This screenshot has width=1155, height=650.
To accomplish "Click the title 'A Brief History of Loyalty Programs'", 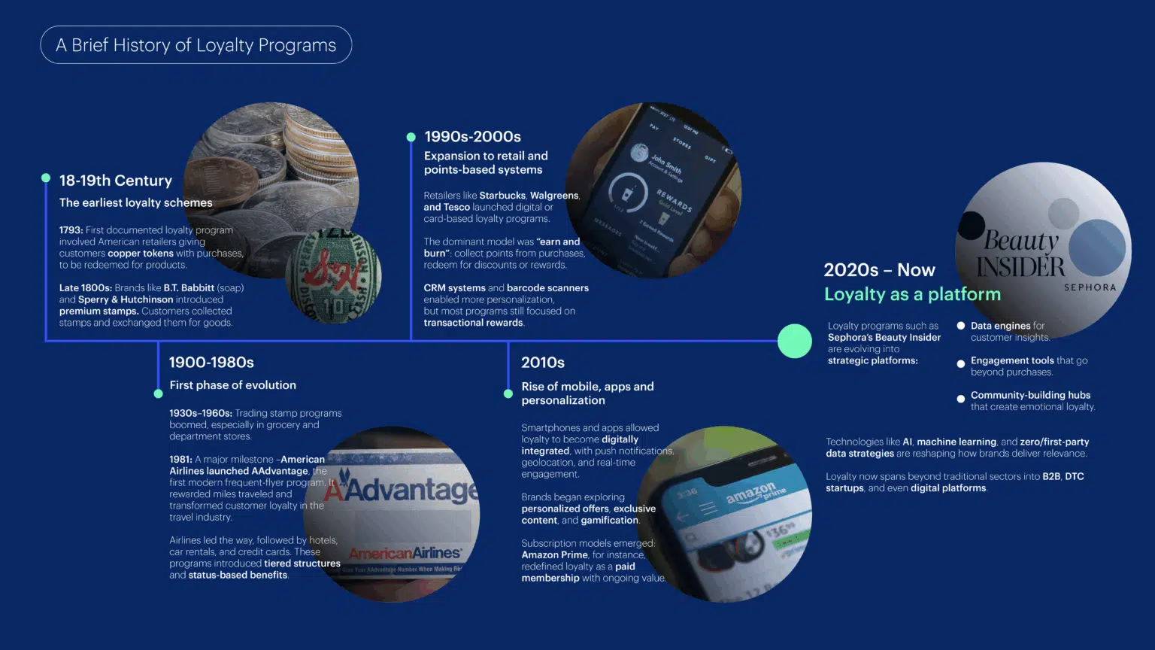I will pos(196,45).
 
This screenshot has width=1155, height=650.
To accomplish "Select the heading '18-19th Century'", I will pos(116,181).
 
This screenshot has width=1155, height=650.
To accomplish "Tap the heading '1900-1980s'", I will pos(211,363).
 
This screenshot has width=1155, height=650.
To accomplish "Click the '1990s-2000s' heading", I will pos(472,137).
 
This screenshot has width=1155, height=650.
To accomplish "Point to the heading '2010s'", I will pos(543,363).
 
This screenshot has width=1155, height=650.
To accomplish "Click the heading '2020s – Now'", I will pos(879,270).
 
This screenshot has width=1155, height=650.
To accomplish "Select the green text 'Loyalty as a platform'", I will pos(912,294).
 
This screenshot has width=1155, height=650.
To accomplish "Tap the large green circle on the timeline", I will pos(794,341).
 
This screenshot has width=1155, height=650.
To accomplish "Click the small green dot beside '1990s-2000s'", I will pos(411,137).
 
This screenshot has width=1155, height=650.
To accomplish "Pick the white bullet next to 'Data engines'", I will pos(960,326).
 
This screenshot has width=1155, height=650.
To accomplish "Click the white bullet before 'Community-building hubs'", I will pos(960,399).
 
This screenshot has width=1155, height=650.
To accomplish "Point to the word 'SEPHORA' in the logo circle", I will pos(1090,287).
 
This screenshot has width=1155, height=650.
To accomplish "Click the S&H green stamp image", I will pos(333,276).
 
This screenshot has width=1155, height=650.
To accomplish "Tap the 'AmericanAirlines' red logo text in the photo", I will pos(404,554).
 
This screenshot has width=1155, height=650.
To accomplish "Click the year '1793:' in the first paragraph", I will pos(71,230).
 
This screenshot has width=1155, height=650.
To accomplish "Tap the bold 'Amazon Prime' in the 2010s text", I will pos(554,555).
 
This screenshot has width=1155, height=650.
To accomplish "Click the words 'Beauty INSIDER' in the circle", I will pos(1020,254).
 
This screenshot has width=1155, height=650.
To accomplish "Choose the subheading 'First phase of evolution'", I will pos(232,385).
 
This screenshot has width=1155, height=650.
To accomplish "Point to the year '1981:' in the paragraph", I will pos(180,460).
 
